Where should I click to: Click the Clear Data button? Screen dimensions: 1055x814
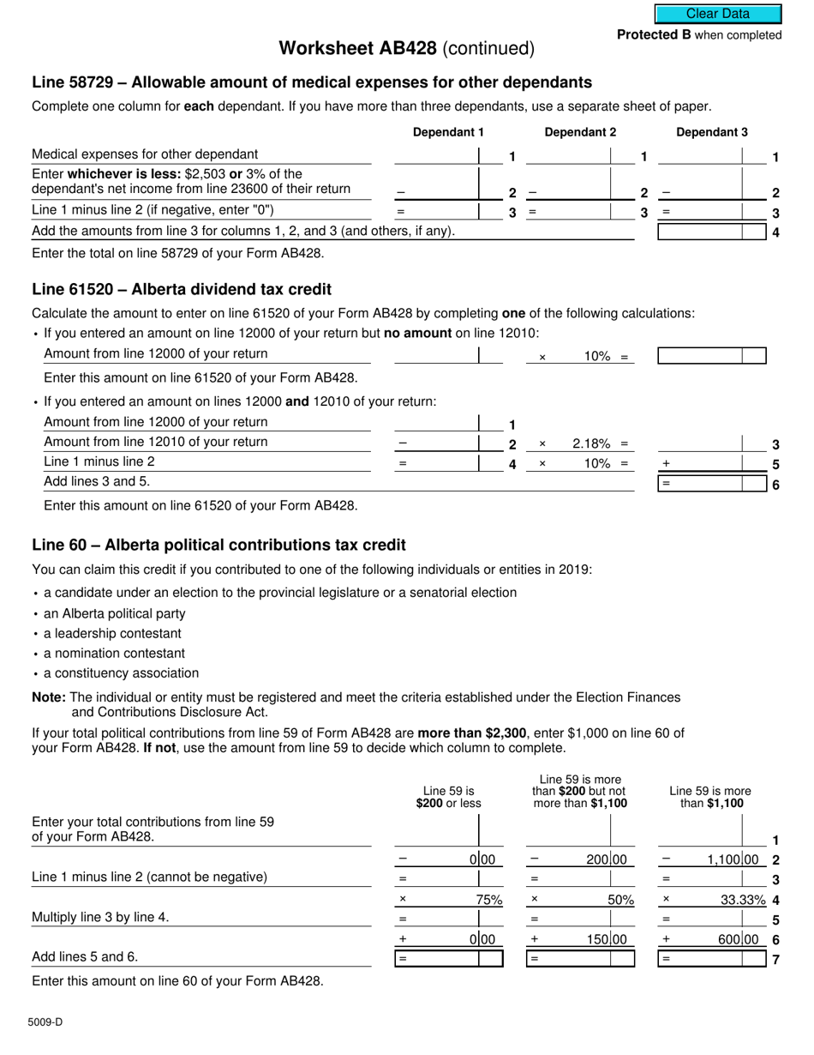point(718,14)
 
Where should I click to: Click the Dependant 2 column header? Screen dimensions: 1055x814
point(580,132)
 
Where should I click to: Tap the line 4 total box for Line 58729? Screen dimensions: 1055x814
point(711,232)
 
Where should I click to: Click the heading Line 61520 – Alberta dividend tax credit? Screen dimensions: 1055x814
point(182,289)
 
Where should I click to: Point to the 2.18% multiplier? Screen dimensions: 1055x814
point(590,443)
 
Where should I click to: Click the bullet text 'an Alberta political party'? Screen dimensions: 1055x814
point(115,613)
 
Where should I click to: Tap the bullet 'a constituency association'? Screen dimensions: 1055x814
point(121,673)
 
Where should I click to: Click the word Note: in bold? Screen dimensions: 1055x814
point(49,697)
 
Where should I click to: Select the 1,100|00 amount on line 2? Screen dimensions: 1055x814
point(733,859)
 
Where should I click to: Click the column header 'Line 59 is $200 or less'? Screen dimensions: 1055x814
point(448,797)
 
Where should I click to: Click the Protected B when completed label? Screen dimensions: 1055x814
point(699,35)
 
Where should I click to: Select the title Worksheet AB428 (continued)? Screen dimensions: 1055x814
point(406,49)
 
